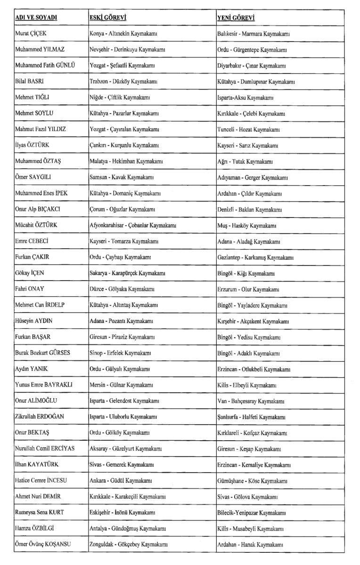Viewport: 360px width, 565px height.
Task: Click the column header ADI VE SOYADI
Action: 36,18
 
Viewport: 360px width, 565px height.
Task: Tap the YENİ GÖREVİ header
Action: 236,18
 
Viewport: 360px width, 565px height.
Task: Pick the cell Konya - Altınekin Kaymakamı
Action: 123,34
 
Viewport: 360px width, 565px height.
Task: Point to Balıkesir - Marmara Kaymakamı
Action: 253,34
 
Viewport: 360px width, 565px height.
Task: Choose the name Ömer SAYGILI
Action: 34,178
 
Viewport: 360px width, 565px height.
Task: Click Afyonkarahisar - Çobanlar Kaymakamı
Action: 133,225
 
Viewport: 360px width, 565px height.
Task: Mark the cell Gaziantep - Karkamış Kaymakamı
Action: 255,257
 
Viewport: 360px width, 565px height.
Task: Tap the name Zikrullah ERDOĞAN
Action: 42,417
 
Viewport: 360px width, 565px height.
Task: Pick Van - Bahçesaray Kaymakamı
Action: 251,401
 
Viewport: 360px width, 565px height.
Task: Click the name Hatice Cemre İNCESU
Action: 44,480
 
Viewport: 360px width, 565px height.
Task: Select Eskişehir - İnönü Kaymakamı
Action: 123,512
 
